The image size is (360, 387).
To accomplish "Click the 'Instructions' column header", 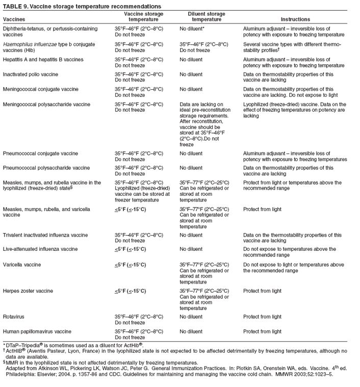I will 295,19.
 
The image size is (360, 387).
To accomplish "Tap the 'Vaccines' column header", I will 14,19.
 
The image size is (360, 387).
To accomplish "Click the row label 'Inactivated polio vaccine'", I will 31,74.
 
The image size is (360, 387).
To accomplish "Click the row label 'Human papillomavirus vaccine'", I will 37,331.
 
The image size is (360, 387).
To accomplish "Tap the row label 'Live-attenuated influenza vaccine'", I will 40,249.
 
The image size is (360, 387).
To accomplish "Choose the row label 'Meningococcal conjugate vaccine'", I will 41,89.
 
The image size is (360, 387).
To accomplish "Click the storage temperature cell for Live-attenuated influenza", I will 130,249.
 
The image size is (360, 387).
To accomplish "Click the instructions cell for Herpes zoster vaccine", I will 262,291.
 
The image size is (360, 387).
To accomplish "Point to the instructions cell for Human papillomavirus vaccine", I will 262,331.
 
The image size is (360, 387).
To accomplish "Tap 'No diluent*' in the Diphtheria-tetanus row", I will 192,29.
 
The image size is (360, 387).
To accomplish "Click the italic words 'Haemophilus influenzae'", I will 31,44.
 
